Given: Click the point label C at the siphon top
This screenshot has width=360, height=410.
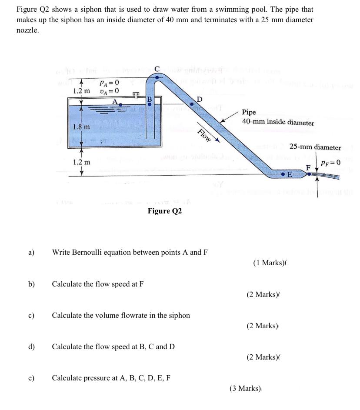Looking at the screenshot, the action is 157,69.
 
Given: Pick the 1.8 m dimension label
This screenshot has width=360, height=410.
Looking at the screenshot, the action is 82,127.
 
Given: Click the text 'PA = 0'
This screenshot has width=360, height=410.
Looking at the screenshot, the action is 106,82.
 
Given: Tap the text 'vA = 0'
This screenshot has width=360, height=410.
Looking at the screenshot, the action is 106,91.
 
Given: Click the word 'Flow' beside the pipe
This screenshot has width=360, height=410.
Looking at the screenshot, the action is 204,136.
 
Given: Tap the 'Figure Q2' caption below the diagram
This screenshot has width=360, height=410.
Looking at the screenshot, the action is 165,211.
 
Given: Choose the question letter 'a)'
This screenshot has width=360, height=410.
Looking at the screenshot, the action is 31,252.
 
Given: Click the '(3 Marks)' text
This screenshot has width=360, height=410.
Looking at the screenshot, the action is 246,388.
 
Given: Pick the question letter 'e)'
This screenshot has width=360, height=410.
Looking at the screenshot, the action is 31,378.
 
